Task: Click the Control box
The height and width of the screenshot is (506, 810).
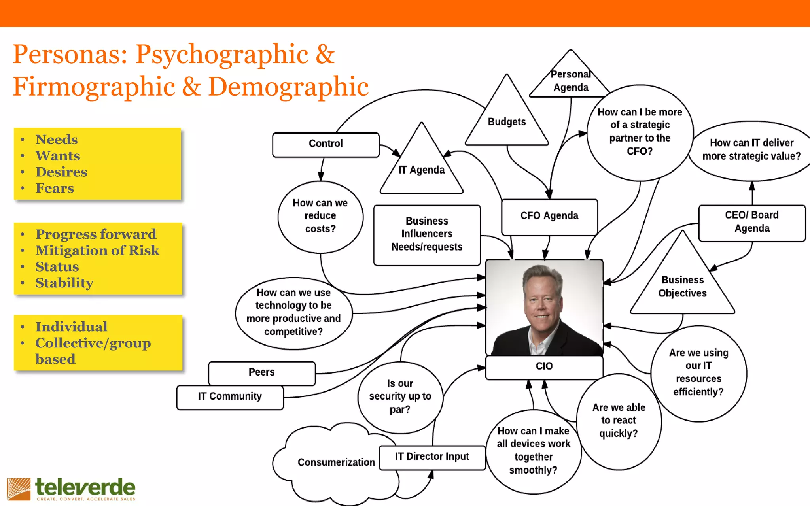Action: (x=326, y=144)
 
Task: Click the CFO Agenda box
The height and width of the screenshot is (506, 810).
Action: (x=549, y=216)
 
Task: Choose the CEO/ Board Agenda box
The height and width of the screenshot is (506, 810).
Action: (x=751, y=222)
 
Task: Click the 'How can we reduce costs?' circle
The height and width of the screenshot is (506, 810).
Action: (x=320, y=216)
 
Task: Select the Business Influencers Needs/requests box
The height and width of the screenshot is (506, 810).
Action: (x=427, y=234)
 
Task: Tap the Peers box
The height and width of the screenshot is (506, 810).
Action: (x=261, y=372)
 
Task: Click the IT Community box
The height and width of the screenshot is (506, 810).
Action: (x=230, y=396)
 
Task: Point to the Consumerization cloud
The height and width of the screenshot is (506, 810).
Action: (x=336, y=463)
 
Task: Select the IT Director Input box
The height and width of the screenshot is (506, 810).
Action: (x=432, y=457)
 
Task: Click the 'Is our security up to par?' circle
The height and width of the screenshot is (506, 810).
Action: (x=400, y=396)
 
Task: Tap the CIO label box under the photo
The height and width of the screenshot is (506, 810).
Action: (x=544, y=366)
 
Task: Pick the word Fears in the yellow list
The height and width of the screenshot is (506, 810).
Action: (x=55, y=188)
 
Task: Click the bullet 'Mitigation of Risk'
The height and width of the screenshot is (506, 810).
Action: (x=97, y=251)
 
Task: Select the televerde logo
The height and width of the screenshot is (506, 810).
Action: (x=71, y=489)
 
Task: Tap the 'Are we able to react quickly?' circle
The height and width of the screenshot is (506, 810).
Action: (x=619, y=421)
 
